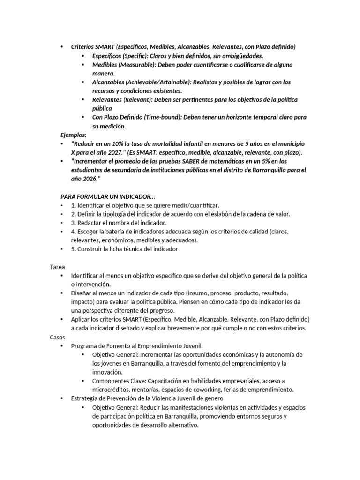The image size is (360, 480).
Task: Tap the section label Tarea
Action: click(58, 266)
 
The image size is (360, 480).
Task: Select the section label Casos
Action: click(58, 337)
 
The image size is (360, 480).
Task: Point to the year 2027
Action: click(110, 152)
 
